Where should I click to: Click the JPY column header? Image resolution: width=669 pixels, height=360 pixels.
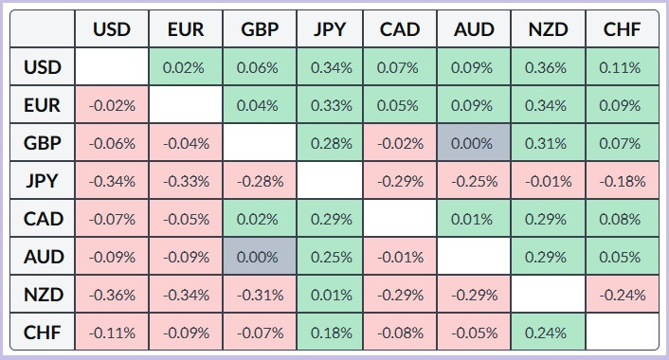[330, 29]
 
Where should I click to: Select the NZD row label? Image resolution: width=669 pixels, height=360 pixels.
[43, 295]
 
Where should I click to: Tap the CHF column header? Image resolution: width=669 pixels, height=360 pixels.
[622, 29]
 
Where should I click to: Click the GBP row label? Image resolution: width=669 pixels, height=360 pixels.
[43, 142]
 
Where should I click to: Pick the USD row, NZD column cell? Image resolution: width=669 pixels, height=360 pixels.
[548, 67]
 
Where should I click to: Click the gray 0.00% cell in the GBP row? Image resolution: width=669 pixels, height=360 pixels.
[474, 142]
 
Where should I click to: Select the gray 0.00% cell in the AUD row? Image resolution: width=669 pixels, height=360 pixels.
[260, 257]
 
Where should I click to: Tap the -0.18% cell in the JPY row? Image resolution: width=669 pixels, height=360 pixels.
[622, 181]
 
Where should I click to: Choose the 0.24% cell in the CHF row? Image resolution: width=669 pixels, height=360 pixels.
[548, 332]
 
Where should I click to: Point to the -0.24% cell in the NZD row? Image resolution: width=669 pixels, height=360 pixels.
[622, 295]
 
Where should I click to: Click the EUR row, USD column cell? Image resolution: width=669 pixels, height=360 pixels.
[112, 105]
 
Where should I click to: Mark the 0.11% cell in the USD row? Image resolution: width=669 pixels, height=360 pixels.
[622, 67]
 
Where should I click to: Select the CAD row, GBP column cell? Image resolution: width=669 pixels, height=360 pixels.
[260, 219]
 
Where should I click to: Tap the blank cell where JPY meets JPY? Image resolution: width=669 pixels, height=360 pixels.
[330, 181]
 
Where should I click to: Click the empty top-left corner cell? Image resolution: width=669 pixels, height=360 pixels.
[43, 29]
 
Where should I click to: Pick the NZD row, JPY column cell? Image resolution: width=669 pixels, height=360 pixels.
[330, 295]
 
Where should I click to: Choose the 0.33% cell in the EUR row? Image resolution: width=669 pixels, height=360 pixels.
[330, 105]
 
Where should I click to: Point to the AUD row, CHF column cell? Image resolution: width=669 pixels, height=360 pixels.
[622, 257]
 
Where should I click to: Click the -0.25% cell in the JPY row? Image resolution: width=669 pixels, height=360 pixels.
[474, 181]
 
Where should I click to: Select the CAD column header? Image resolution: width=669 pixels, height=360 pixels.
[400, 29]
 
